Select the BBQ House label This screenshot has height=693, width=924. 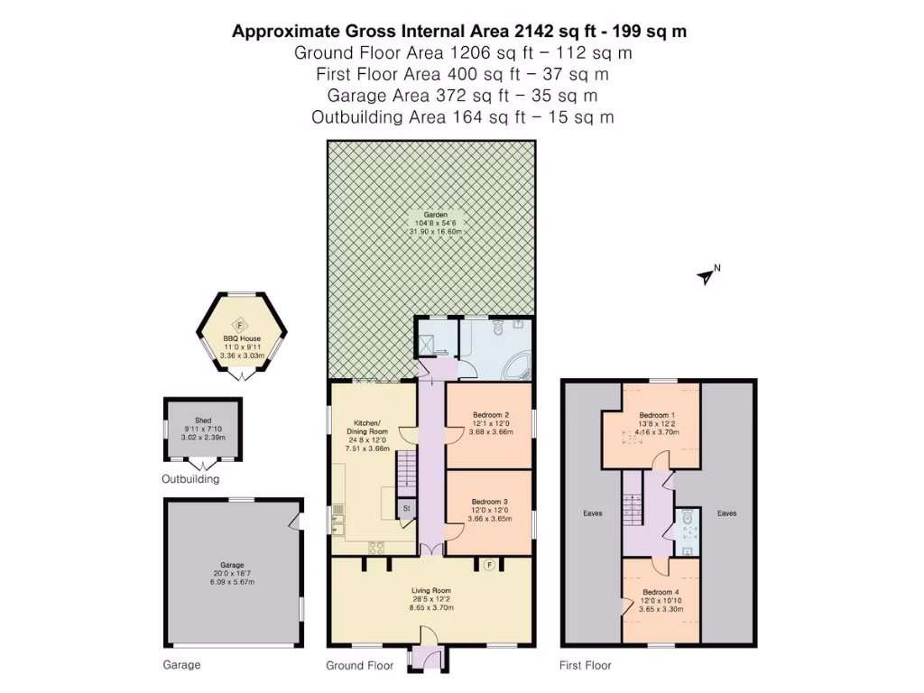point(240,338)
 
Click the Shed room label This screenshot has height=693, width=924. point(203,420)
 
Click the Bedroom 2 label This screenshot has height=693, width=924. point(491,416)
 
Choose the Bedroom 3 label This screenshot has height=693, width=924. point(491,503)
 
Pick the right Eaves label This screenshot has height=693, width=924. point(726,513)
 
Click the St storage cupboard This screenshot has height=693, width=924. point(406,509)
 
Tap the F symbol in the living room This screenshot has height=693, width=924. point(490,565)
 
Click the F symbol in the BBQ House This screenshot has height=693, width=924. point(240,327)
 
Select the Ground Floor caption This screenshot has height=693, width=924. point(359,666)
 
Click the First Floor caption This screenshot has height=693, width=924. point(586,666)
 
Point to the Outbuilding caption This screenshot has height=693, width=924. point(190,479)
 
